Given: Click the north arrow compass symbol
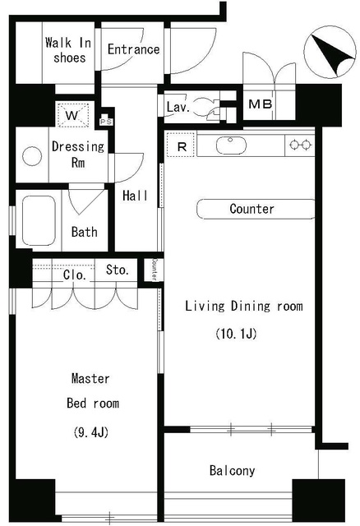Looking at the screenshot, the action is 330,53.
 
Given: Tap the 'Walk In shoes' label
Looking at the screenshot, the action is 68,50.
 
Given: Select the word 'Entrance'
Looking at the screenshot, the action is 133,49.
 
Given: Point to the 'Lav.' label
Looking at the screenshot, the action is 178,108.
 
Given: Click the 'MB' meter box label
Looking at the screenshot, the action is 261,104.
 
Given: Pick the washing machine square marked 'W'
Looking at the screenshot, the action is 73,115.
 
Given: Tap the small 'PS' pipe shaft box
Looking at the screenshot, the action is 106,122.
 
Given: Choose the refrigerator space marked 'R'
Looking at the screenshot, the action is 181,145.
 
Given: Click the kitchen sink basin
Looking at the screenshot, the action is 230,145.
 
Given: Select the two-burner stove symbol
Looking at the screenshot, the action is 300,145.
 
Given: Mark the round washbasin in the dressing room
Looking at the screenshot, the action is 32,156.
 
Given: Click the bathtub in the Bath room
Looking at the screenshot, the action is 39,221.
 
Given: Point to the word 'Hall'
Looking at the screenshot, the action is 135,196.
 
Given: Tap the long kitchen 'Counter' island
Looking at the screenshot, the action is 256,209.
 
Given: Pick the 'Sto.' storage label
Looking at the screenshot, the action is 118,270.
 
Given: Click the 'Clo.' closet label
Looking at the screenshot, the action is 75,275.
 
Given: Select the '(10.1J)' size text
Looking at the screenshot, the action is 236,334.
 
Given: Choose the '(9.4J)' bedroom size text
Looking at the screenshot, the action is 91,433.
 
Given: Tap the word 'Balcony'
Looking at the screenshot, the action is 232,471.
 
